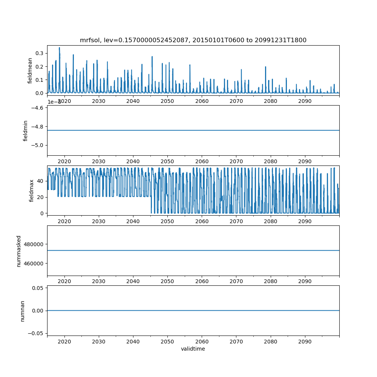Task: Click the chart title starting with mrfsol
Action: pos(193,40)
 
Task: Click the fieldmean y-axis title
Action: pos(30,70)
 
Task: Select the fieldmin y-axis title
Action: pos(26,130)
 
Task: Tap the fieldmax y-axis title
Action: pos(32,190)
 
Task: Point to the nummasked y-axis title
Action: pos(18,250)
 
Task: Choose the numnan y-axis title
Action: pos(22,311)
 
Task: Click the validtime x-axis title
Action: pos(193,349)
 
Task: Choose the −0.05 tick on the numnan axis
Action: pos(36,333)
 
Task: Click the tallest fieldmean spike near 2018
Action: pos(59,48)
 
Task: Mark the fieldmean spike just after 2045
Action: pos(152,57)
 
